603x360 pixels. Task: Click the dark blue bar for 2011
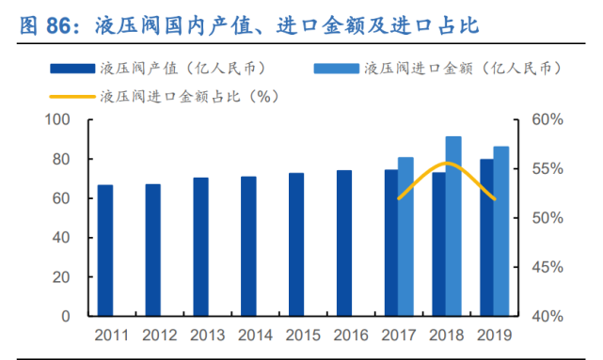[105, 250]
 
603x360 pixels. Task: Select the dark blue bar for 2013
[200, 246]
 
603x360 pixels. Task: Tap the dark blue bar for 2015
[296, 244]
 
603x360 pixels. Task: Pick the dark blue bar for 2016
[344, 243]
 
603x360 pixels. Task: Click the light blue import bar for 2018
[453, 226]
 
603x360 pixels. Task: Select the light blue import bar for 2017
[405, 236]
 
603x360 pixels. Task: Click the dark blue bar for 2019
[486, 237]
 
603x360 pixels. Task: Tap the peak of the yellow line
[447, 164]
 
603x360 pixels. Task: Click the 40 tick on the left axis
[62, 238]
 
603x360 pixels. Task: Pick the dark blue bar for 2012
[152, 250]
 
